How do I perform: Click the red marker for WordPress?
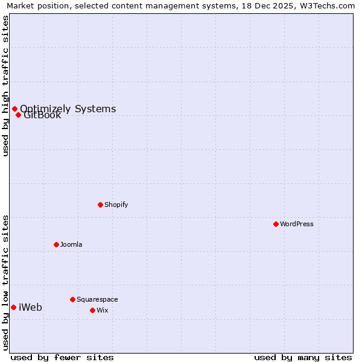tap(276, 224)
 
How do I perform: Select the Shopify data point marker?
tap(100, 205)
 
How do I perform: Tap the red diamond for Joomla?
tap(56, 244)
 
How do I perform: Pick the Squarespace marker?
tap(72, 299)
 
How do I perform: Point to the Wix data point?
tap(92, 310)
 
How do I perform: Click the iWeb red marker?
tap(13, 307)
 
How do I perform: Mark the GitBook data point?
tap(18, 115)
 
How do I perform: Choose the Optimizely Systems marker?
tap(14, 109)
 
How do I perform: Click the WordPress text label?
tap(297, 224)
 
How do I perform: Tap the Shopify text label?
tap(116, 205)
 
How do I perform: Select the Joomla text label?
tap(71, 244)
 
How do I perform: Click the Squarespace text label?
tap(97, 299)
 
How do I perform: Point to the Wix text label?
tap(102, 310)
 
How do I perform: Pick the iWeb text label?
tap(31, 307)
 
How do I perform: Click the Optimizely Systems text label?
tap(68, 109)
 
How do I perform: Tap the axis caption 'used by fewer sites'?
tap(62, 357)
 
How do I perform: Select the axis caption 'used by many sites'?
tap(303, 357)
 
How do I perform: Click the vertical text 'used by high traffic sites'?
tap(6, 86)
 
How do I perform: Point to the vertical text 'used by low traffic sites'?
tap(6, 282)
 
